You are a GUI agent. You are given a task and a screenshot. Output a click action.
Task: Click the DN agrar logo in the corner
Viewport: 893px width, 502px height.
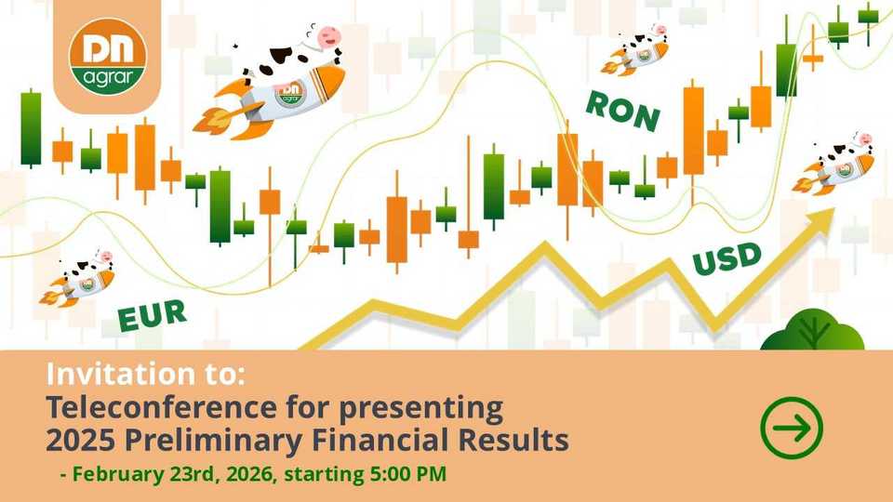point(108,57)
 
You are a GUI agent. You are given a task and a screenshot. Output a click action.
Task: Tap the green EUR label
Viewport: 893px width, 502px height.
point(152,315)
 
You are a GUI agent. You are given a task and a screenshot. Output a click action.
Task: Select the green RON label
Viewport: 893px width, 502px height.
point(623,111)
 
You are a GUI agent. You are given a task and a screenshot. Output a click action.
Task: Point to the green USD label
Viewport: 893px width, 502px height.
point(727,258)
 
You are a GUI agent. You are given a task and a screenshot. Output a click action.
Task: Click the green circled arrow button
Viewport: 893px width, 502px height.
point(792,428)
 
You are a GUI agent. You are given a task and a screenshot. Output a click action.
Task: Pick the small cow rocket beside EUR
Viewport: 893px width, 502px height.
point(77,279)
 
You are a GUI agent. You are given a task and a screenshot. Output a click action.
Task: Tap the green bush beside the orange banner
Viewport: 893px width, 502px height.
point(812,330)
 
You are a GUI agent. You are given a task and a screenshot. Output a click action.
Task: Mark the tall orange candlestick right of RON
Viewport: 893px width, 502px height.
point(693,131)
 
